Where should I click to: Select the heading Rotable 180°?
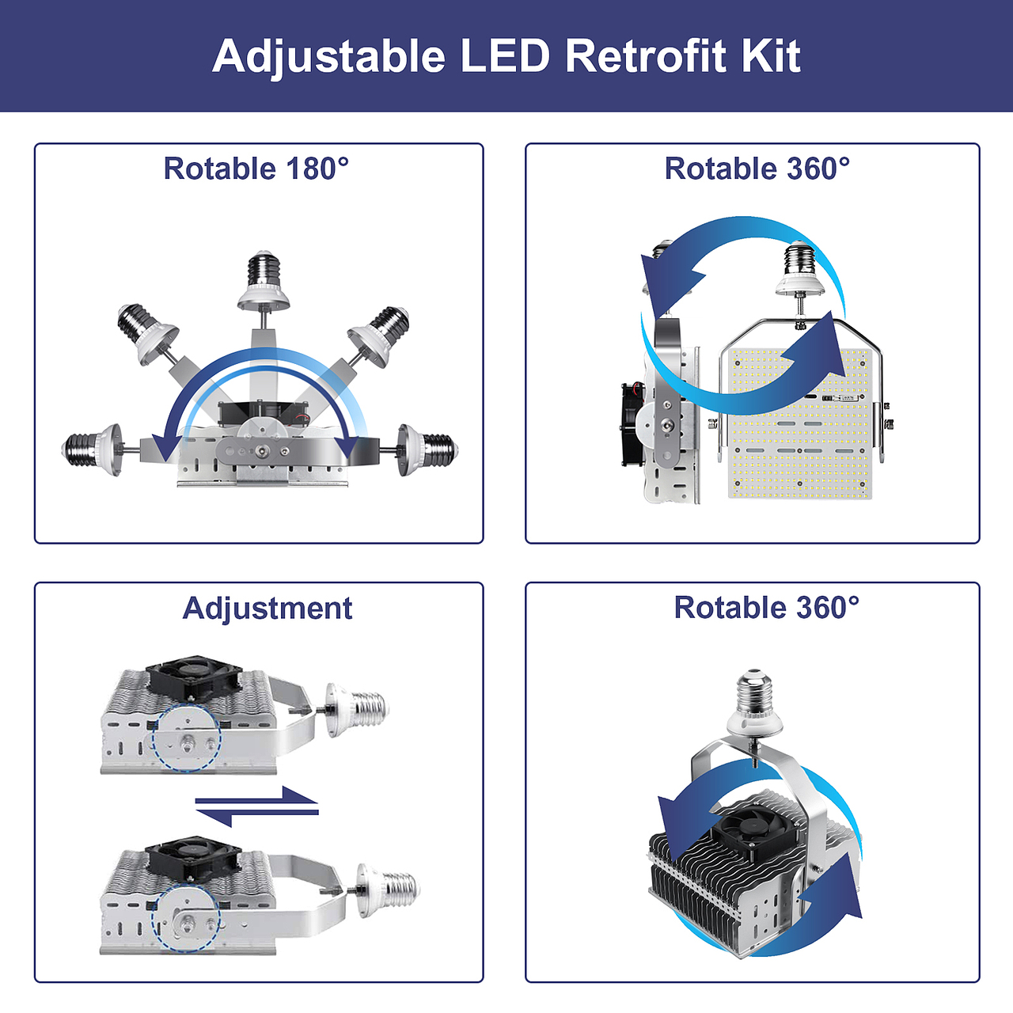point(256,169)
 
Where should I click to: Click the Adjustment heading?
point(267,609)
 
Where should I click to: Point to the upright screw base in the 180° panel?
point(264,281)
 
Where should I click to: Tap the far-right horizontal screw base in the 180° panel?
point(427,450)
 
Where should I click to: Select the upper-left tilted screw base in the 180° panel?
point(146,332)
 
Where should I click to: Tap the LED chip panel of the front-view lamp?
point(799,423)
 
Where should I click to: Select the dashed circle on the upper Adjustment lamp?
point(187,738)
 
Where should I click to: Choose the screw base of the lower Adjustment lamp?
point(388,890)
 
